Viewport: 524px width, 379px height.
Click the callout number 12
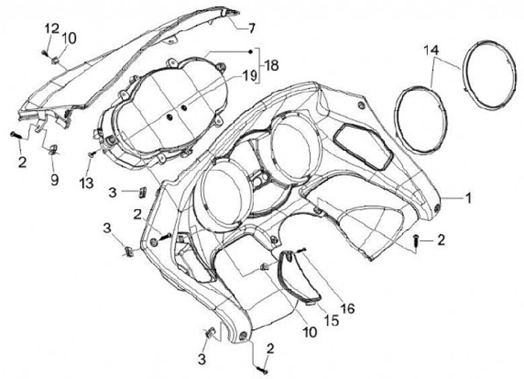coord(51,28)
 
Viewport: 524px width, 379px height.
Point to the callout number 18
coord(271,65)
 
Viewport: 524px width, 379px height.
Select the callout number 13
coord(87,183)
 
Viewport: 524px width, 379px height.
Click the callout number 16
coord(347,309)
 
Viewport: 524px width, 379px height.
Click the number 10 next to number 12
coord(68,37)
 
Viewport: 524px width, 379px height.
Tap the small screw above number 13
coord(90,155)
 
